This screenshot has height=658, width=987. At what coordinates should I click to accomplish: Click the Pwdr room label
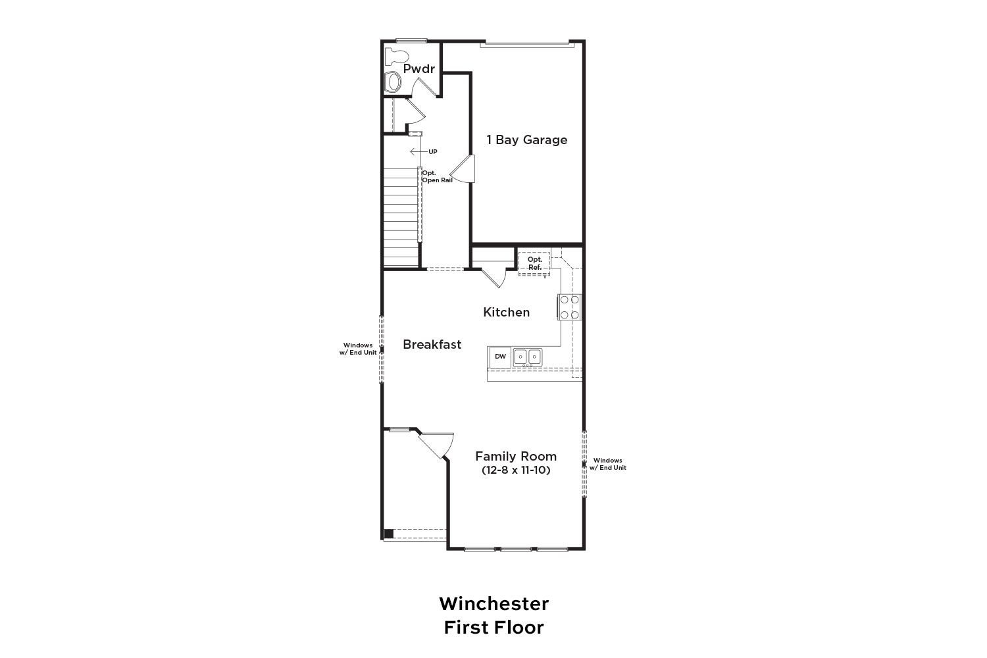pos(418,68)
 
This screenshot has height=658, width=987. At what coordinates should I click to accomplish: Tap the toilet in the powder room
pos(396,57)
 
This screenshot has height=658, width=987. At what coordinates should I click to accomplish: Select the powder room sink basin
pos(392,82)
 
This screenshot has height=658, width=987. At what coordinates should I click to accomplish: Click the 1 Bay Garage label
pos(526,140)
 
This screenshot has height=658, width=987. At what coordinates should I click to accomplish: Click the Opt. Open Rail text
pos(437,176)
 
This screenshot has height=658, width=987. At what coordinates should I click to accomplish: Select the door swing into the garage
pos(463,169)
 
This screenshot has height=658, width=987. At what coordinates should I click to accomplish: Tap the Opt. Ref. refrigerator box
pos(534,263)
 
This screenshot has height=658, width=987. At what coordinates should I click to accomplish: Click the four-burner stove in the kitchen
pos(570,307)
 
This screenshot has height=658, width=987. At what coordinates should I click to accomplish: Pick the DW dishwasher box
pos(500,357)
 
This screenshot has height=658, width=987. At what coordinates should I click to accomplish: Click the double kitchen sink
pos(528,357)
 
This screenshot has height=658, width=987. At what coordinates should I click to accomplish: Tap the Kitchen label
pos(506,313)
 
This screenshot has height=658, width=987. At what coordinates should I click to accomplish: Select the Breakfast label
pos(432,345)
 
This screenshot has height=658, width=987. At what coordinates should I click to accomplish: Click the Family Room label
pos(516,456)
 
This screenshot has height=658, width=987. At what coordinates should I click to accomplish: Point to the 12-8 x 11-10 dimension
pos(516,470)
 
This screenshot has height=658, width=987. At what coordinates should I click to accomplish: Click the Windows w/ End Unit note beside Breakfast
pos(358,349)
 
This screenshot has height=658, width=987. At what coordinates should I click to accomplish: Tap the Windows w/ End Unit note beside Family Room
pos(607,464)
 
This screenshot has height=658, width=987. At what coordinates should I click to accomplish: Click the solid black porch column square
pos(389,534)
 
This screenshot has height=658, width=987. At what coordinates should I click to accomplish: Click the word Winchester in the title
pos(494,604)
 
